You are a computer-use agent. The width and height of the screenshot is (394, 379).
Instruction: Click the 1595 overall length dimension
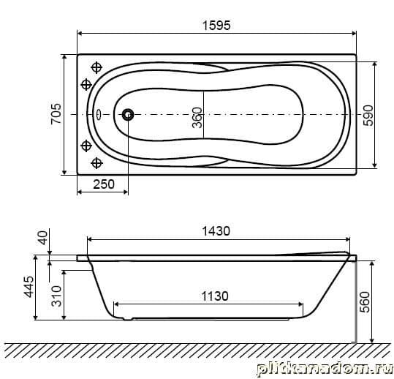click(216, 26)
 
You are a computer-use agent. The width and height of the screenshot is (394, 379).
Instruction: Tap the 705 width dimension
click(56, 113)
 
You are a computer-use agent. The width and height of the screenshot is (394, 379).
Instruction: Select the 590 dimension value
click(368, 116)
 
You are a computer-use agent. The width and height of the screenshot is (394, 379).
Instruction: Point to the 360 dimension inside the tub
click(197, 118)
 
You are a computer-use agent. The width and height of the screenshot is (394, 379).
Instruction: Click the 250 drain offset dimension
click(104, 184)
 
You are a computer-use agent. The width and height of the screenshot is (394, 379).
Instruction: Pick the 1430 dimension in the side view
click(216, 231)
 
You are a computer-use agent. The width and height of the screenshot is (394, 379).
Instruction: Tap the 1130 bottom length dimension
click(215, 296)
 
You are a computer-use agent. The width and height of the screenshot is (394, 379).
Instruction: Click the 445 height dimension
click(29, 287)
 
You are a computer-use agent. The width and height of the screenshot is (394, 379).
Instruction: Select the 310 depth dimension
click(56, 296)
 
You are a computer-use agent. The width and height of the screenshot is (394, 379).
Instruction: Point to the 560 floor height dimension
click(365, 301)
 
